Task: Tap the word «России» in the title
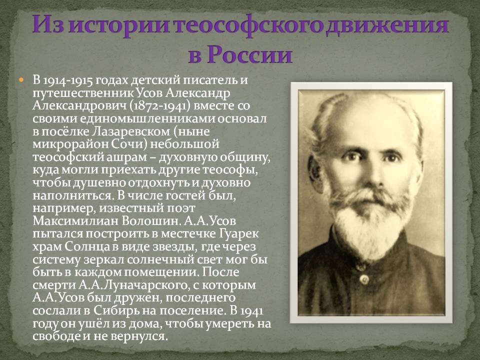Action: pos(249,55)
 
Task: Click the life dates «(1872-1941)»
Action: pos(159,106)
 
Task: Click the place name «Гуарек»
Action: pos(239,234)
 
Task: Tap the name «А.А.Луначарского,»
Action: pos(132,285)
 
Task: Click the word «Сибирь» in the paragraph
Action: pos(115,311)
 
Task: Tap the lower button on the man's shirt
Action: pos(364,279)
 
